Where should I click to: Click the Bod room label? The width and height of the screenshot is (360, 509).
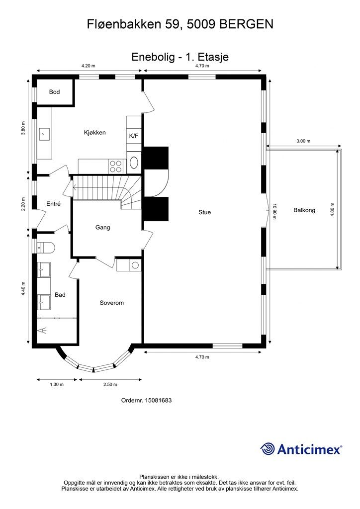point(55,92)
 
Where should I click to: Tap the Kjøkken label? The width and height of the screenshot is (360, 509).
point(95,132)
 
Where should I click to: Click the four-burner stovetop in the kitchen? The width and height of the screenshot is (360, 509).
point(116,167)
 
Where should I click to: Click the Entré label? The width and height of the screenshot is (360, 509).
point(54,204)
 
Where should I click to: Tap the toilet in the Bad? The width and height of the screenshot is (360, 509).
point(46,248)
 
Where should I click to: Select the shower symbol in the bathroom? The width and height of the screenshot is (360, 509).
point(43,331)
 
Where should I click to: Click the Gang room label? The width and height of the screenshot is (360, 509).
point(102,228)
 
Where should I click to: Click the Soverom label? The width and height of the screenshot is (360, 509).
point(112,303)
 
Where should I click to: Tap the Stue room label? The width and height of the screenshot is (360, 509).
point(204,212)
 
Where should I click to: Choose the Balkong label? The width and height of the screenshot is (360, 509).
point(304,210)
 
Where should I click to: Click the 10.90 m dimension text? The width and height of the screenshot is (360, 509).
point(274,211)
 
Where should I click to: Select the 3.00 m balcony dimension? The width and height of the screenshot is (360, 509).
point(303,141)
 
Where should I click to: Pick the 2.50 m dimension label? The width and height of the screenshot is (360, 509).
point(110,384)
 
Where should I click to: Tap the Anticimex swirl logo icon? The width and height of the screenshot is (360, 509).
point(268,449)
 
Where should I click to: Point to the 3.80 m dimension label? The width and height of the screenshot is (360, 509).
point(23,128)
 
